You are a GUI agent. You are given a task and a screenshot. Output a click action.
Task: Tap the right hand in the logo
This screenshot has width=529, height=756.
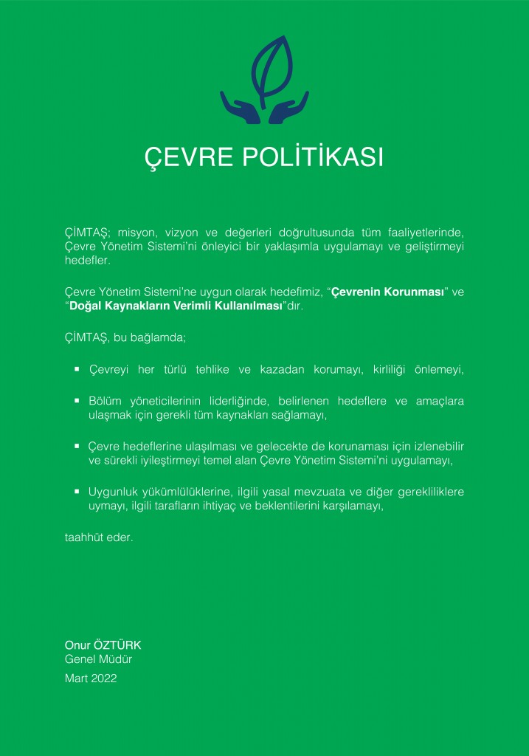288,108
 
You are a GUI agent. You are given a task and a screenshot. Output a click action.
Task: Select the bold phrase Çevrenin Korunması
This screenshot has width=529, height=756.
387,292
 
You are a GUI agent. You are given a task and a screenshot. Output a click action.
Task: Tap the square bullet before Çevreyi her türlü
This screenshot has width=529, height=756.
77,367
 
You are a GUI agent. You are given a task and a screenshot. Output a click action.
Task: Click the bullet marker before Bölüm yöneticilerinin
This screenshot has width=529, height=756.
77,400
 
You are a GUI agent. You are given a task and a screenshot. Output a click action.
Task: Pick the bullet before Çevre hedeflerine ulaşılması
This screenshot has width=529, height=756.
77,446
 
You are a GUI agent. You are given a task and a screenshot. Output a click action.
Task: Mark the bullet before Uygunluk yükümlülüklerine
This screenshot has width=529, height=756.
77,490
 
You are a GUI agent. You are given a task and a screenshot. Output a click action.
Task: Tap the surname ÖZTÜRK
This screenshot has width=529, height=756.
117,646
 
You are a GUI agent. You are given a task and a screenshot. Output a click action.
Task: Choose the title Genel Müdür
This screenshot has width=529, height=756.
98,660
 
